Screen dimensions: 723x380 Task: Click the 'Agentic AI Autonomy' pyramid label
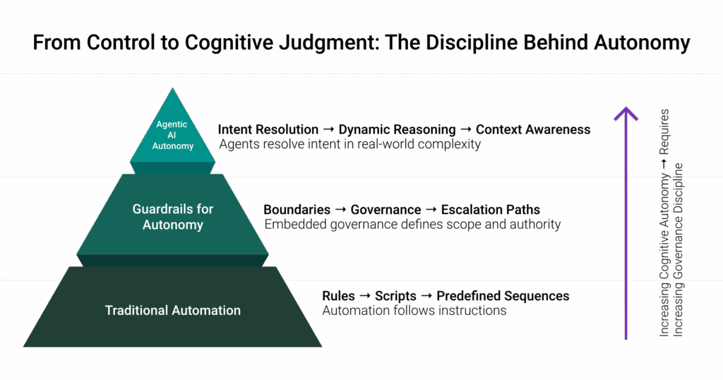coord(172,135)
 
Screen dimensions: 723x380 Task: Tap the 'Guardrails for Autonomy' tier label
coord(173,217)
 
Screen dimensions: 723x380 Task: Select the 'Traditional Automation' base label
coord(173,310)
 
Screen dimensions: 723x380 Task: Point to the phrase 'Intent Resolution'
coord(268,129)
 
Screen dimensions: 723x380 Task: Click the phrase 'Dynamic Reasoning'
coord(397,129)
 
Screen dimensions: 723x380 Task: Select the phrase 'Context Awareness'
coord(533,129)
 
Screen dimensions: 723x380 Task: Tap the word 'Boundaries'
coord(297,210)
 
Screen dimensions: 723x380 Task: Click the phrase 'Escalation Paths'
coord(491,210)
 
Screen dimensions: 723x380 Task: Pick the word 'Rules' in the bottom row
coord(338,296)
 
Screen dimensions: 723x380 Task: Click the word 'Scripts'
coord(395,296)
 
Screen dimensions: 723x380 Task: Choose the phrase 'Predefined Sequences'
coord(503,296)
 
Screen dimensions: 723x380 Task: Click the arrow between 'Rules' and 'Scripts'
coord(365,296)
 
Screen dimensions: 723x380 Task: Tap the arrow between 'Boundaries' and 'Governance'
coord(341,209)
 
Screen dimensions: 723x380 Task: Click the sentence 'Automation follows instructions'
coord(414,310)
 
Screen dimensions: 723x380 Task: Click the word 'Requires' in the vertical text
coord(664,132)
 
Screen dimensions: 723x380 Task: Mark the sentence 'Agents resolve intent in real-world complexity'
coord(350,144)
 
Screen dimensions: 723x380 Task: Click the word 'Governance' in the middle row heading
coord(386,210)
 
